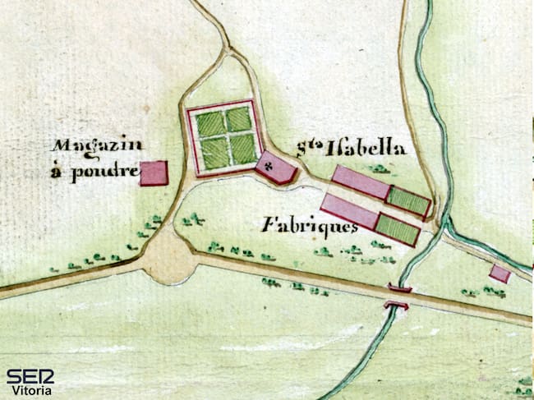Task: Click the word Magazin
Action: tap(97, 146)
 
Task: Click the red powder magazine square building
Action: tap(154, 173)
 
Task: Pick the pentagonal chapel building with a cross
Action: tap(276, 168)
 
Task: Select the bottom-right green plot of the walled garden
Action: tap(242, 149)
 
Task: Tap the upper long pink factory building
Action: tap(360, 182)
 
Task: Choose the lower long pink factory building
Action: tap(348, 211)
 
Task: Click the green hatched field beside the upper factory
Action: tap(408, 200)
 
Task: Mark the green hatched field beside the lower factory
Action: tap(398, 229)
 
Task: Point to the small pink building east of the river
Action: tap(499, 274)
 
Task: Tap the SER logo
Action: tap(30, 377)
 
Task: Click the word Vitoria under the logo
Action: tap(32, 391)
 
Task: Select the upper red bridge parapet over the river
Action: tap(400, 288)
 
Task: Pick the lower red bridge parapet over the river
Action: tap(396, 306)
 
